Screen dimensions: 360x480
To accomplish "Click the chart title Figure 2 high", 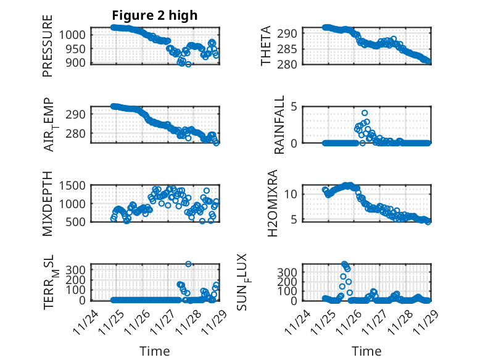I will pyautogui.click(x=154, y=15).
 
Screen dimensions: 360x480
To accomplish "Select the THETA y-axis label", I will pyautogui.click(x=266, y=46).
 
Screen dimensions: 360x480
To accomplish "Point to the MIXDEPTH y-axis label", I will pyautogui.click(x=48, y=204).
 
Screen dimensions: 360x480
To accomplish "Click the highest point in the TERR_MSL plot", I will pyautogui.click(x=188, y=264).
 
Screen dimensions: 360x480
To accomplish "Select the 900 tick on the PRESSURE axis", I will pyautogui.click(x=77, y=62).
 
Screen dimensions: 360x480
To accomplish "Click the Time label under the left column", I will pyautogui.click(x=154, y=351).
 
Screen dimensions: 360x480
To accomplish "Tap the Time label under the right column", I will pyautogui.click(x=366, y=351).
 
